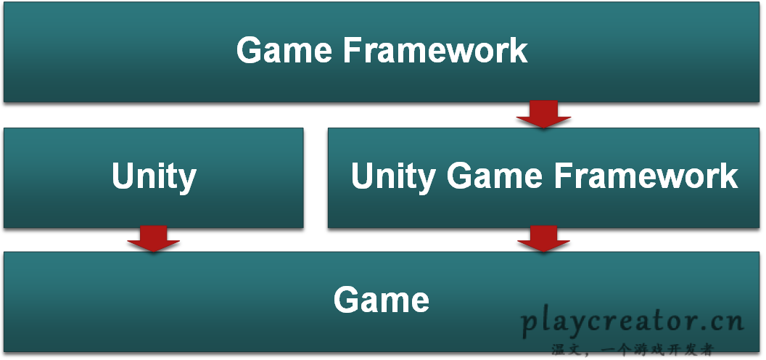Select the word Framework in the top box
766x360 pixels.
point(435,50)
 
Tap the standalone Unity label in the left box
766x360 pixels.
point(154,176)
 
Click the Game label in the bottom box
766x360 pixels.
point(382,299)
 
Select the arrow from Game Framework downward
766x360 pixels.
point(543,114)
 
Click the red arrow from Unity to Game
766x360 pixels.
point(153,239)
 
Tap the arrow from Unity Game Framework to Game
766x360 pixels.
point(543,239)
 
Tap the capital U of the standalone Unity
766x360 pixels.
point(123,176)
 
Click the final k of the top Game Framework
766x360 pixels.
point(519,50)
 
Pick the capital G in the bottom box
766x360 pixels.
point(347,299)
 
